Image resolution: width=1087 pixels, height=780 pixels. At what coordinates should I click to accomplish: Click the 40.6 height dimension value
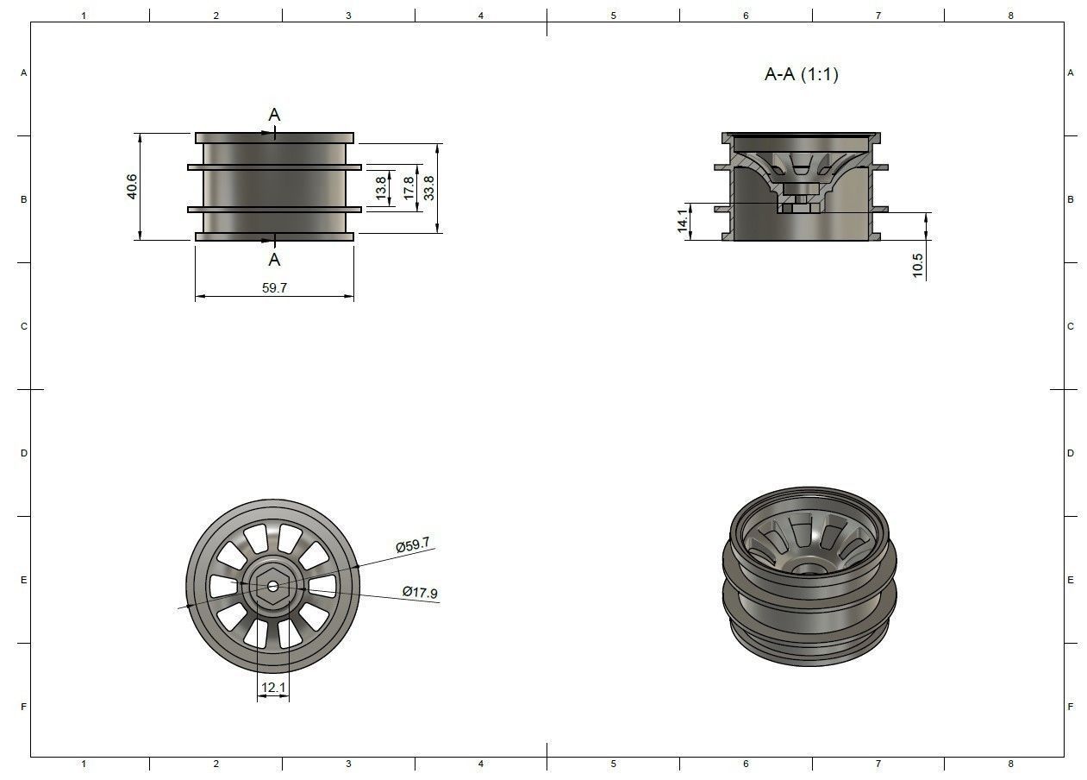[132, 186]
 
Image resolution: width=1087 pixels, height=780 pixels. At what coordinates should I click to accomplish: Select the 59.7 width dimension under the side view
[274, 288]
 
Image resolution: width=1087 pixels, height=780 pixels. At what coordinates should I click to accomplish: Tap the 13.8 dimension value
[380, 188]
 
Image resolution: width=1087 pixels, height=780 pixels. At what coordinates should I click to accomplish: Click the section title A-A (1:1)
[801, 74]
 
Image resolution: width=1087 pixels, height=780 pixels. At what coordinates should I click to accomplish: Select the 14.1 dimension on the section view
[683, 221]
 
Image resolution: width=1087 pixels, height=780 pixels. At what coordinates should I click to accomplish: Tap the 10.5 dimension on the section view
[918, 265]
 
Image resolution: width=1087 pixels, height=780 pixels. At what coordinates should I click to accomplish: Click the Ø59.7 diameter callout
[413, 545]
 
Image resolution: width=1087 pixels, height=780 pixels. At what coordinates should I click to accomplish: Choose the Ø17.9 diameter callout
[420, 592]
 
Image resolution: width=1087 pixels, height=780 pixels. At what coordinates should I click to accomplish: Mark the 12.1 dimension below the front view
[273, 688]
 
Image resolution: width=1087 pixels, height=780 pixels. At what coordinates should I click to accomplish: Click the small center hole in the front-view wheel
[273, 586]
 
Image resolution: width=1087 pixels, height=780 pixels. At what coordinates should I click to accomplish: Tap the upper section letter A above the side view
[274, 115]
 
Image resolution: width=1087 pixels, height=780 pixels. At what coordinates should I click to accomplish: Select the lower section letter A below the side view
[274, 260]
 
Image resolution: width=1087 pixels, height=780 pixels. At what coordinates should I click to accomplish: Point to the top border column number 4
[480, 16]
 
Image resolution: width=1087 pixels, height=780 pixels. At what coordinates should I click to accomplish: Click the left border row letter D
[23, 453]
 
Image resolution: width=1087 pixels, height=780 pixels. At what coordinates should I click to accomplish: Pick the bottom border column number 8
[1010, 764]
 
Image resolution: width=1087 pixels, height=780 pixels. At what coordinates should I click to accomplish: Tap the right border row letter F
[1071, 707]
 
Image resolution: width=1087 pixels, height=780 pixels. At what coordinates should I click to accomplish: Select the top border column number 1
[84, 16]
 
